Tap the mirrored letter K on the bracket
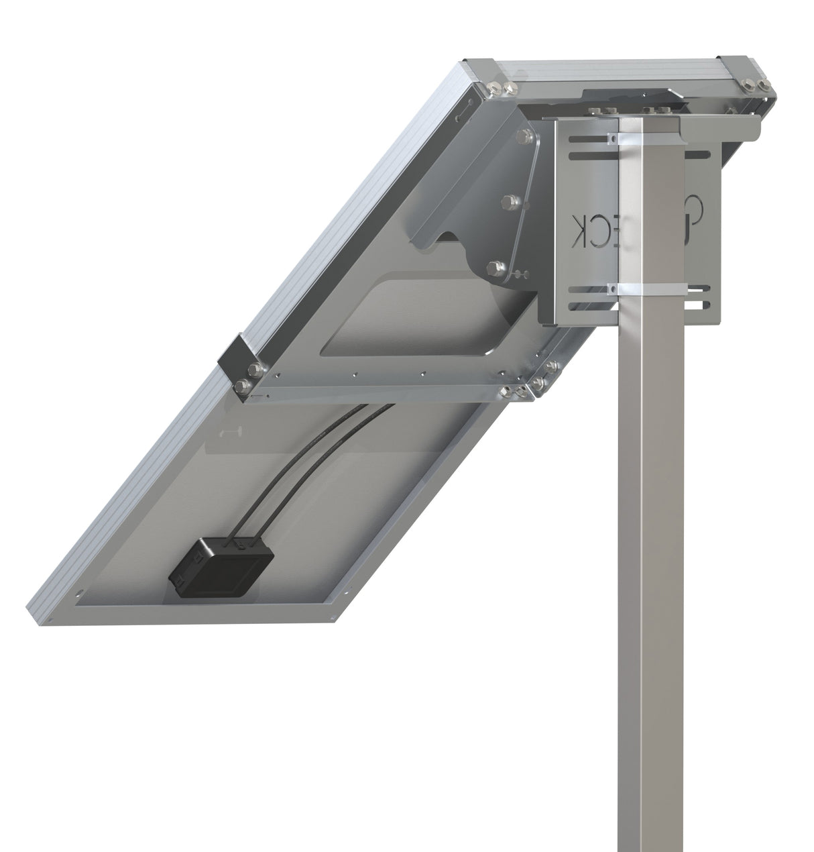[x=579, y=231]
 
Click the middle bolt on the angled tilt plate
[x=510, y=201]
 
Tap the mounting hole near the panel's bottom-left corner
[x=80, y=594]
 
